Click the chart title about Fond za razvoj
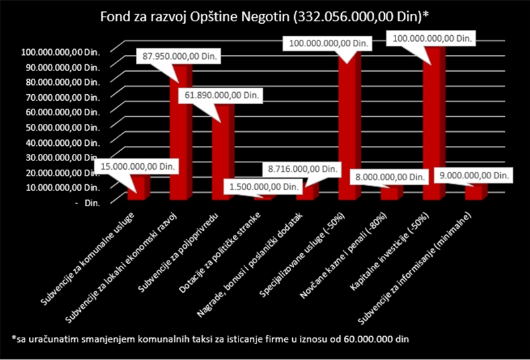point(262,17)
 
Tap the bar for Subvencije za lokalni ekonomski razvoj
point(181,132)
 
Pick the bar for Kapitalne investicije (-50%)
point(434,123)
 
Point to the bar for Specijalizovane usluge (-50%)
point(350,125)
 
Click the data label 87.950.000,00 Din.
point(179,56)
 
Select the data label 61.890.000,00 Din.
point(221,95)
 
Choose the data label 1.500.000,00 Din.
point(263,186)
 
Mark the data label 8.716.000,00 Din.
point(302,169)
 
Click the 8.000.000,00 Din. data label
point(389,177)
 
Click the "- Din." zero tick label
point(86,204)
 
